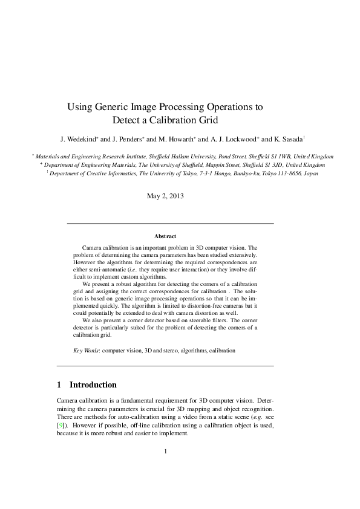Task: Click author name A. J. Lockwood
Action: pos(235,138)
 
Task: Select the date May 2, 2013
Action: pos(165,196)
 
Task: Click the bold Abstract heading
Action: pos(165,236)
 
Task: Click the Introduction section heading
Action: pos(93,384)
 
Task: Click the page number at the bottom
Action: pos(165,450)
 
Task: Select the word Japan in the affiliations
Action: pos(310,173)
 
